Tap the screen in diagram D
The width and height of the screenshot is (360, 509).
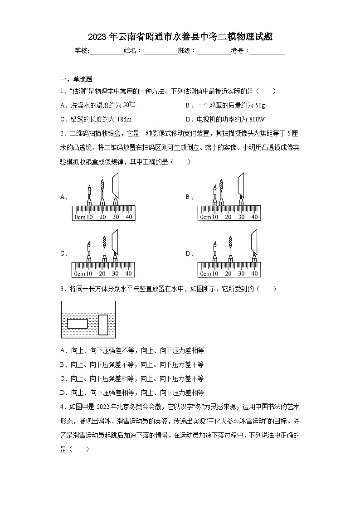[x=254, y=243]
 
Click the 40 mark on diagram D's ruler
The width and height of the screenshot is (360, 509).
[x=254, y=274]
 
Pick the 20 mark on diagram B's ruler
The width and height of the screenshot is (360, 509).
[x=228, y=217]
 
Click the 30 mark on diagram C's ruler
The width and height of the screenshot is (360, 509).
[x=116, y=274]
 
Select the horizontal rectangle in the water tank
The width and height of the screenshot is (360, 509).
[x=77, y=324]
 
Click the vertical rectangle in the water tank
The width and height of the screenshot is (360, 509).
[x=103, y=325]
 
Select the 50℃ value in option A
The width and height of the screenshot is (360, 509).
[x=128, y=105]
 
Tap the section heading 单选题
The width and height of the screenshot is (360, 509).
[x=82, y=79]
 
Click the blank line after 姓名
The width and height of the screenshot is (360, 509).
[x=160, y=51]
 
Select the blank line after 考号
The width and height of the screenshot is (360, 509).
[x=268, y=51]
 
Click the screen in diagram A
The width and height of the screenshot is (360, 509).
[x=116, y=186]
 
